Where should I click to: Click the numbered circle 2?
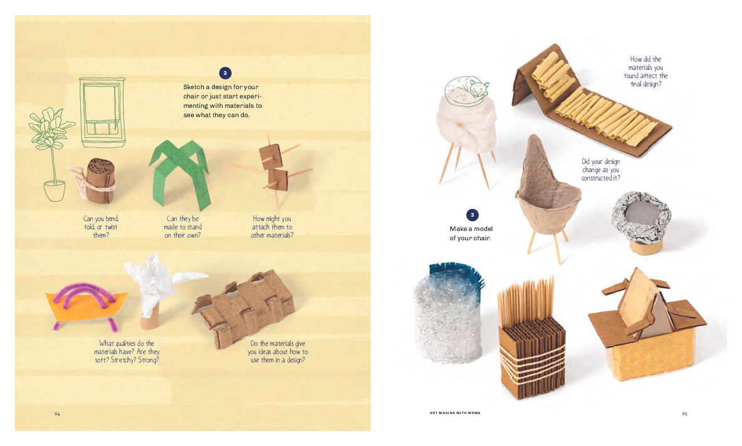(227, 73)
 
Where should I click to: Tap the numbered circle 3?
(473, 215)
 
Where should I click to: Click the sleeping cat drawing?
(466, 89)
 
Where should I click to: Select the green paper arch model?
(179, 173)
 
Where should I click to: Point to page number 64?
(57, 413)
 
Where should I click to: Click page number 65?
(685, 413)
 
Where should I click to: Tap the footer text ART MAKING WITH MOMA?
(455, 413)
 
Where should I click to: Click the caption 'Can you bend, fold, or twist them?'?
(101, 226)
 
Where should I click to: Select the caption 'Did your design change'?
(600, 169)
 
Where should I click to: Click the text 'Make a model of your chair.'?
(470, 233)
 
